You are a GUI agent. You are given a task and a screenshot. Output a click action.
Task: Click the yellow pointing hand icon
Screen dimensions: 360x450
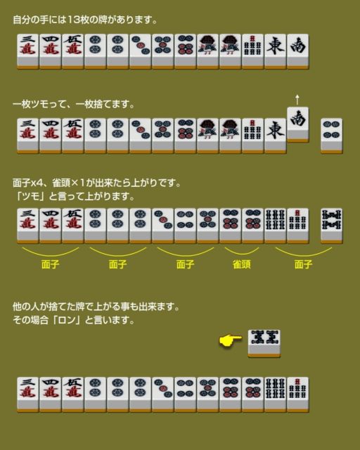(230, 341)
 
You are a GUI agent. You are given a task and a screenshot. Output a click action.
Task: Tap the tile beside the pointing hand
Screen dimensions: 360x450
(264, 343)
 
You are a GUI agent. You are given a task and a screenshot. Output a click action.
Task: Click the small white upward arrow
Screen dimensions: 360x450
(297, 99)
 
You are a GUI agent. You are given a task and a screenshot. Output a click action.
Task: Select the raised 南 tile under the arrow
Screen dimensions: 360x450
(298, 124)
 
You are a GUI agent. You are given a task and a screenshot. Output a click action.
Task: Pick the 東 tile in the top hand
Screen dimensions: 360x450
(276, 51)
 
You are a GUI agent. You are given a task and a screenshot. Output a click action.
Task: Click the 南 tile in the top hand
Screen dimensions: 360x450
(298, 51)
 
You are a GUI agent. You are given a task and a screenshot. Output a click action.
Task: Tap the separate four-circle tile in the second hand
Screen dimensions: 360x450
(332, 136)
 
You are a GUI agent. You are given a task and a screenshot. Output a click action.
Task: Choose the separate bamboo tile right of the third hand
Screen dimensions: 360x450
(332, 226)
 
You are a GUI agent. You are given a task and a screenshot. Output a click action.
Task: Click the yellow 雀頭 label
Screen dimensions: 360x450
(242, 264)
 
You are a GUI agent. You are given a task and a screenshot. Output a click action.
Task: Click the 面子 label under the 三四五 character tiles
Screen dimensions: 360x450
(50, 264)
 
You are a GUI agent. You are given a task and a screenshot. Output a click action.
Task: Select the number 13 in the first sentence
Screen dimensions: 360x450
(72, 20)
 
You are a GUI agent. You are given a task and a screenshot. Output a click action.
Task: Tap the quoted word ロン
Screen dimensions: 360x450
(67, 320)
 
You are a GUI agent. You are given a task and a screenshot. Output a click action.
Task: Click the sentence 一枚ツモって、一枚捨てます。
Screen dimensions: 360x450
(74, 104)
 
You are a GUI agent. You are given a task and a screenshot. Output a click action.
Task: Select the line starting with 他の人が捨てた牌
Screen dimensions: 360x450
(96, 307)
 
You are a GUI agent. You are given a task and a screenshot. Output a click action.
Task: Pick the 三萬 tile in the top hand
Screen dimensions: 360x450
(28, 51)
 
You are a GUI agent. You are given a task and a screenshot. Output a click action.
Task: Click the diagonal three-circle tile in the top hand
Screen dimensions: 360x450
(141, 51)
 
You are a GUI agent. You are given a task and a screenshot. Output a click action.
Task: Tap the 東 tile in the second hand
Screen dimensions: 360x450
(276, 136)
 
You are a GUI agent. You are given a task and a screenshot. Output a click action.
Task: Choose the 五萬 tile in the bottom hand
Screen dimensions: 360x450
(73, 394)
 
